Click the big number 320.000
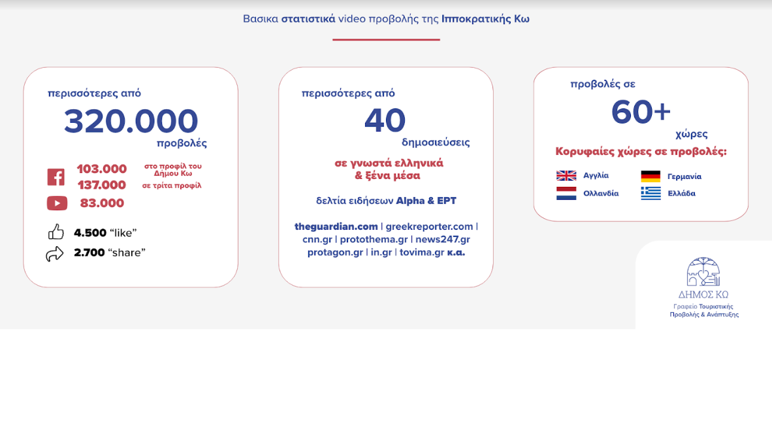pos(131,121)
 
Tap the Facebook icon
pos(56,176)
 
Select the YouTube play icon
pos(57,203)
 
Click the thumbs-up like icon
pos(56,232)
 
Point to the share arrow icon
pos(55,253)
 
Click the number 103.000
pos(102,168)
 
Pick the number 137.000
pos(102,185)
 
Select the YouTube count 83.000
pos(102,202)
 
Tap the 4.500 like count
pos(90,232)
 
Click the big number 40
pos(385,121)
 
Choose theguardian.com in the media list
pos(336,227)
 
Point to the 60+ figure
pos(641,112)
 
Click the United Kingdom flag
pos(566,176)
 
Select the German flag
pos(651,176)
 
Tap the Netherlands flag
pos(566,193)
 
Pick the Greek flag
pos(651,193)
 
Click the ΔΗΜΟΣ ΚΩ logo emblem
pos(703,272)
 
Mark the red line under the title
pos(386,39)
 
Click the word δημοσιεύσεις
pos(436,142)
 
